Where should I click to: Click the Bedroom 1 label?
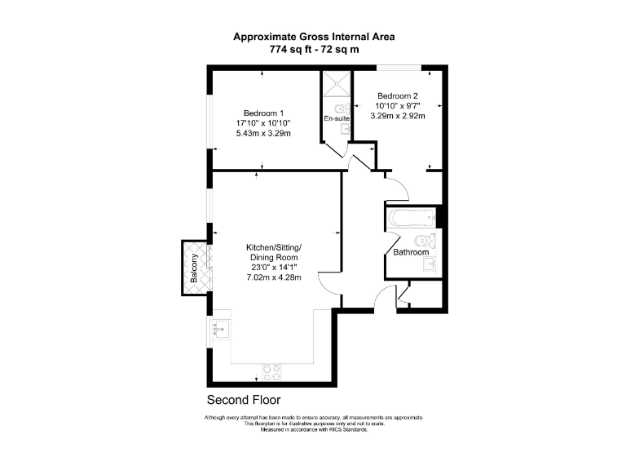(262, 113)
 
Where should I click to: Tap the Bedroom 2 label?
(399, 95)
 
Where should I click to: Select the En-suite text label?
(337, 119)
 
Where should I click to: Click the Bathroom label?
(411, 252)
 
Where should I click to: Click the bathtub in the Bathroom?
(412, 219)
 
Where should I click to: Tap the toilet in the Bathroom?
(425, 240)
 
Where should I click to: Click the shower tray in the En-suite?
(337, 84)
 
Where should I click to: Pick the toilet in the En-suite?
(343, 109)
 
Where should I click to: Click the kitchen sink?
(220, 330)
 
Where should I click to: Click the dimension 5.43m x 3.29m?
(262, 134)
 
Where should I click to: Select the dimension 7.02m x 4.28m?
(274, 277)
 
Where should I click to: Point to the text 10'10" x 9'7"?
(399, 106)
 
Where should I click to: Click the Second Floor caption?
(244, 400)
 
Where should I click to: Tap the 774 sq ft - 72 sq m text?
(314, 50)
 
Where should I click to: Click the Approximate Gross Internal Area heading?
(314, 36)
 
